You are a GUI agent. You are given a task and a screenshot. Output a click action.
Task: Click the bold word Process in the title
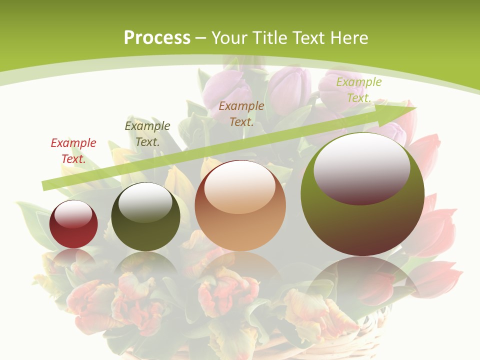coord(157,38)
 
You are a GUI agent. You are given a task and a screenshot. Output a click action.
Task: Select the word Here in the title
coord(349,38)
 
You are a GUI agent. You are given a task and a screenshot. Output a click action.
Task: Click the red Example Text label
coord(73,151)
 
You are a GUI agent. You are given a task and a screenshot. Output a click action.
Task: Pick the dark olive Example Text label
coord(147,134)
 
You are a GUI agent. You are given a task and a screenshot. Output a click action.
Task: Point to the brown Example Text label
coord(241,114)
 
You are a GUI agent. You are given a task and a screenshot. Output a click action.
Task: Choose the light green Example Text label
coord(358,90)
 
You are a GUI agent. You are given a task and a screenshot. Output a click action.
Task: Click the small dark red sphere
coord(73,232)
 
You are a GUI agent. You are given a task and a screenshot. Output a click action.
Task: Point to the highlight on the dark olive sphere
coord(145,202)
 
